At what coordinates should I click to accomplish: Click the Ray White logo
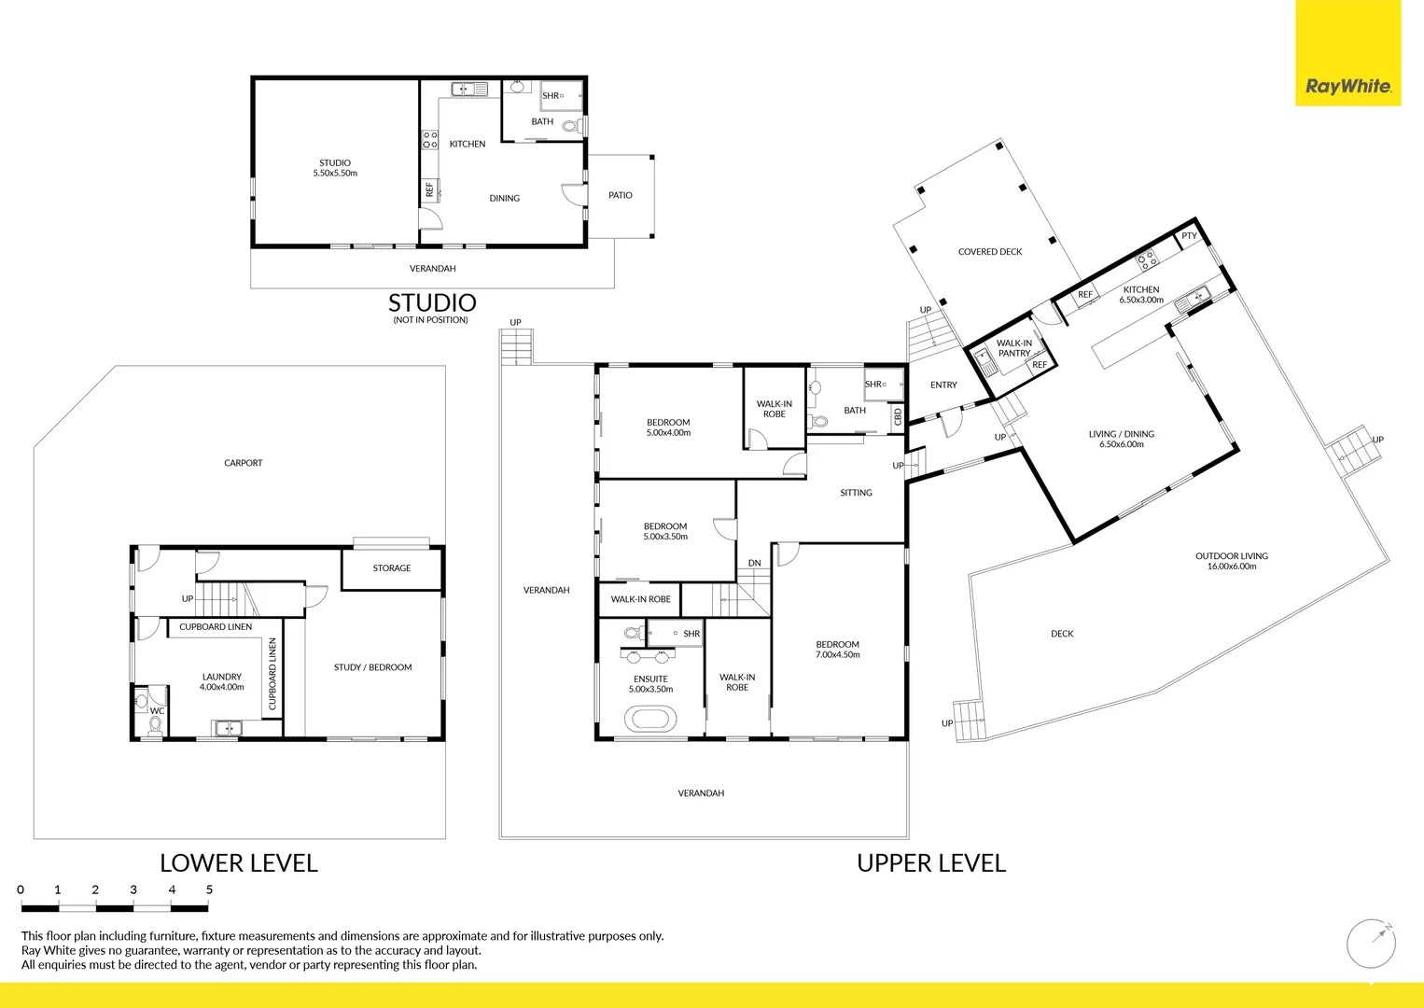tap(1347, 86)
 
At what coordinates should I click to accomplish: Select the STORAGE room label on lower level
tap(391, 567)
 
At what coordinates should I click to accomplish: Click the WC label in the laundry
tap(157, 711)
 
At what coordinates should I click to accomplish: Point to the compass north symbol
tap(1371, 944)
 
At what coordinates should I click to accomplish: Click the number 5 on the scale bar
tap(209, 889)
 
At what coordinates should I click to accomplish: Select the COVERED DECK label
tap(989, 252)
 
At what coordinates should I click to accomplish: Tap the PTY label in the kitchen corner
tap(1188, 236)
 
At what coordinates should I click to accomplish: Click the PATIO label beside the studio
tap(620, 195)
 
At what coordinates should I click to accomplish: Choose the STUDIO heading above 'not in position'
tap(432, 302)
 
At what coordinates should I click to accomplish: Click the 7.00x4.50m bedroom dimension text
tap(837, 655)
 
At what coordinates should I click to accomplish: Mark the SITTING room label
tap(855, 493)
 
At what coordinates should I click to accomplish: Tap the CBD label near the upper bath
tap(898, 415)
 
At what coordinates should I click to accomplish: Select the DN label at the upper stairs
tap(754, 563)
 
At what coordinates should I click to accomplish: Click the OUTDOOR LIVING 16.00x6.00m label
tap(1231, 561)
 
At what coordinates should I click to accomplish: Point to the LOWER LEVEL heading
tap(239, 863)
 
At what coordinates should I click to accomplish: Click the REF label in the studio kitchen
tap(429, 189)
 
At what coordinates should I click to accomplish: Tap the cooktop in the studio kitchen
tap(429, 140)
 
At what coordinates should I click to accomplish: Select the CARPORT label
tap(243, 463)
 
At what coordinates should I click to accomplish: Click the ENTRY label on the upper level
tap(942, 385)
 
